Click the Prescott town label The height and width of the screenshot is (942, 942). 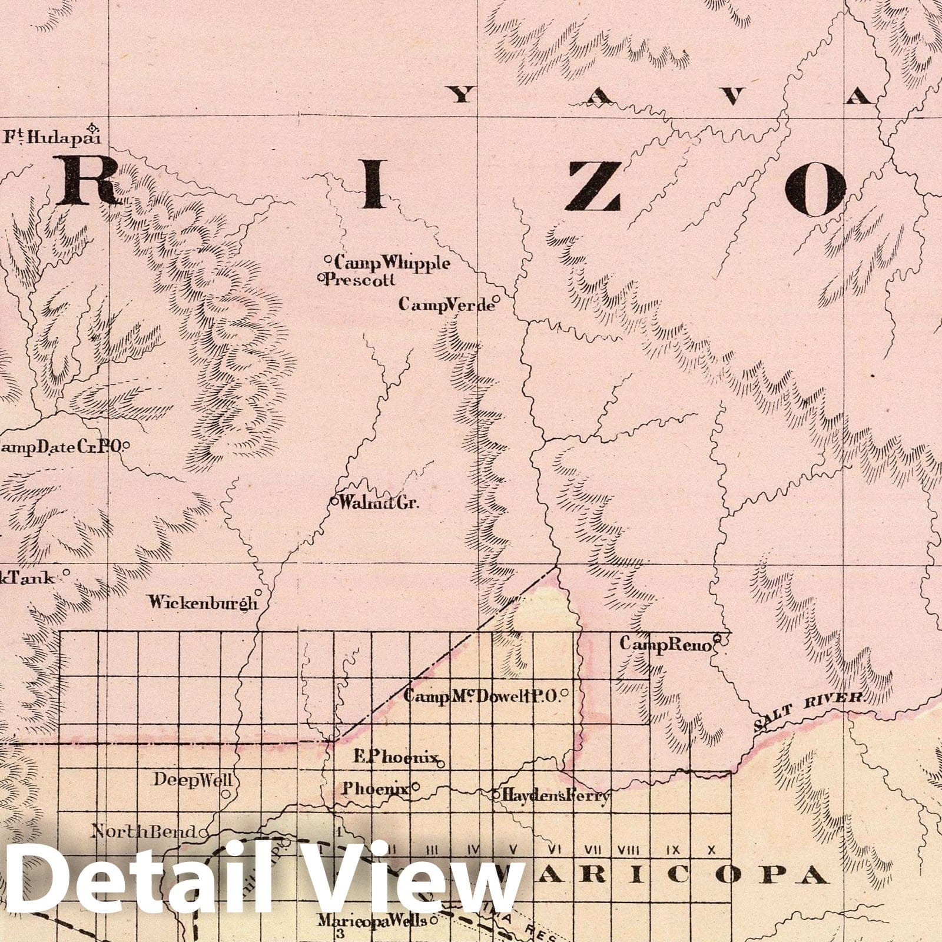pos(360,280)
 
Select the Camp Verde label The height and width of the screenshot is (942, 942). pos(446,304)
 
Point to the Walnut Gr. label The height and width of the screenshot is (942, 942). pos(379,503)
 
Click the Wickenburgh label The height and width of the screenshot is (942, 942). pos(203,602)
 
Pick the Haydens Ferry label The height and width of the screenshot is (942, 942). pos(556,797)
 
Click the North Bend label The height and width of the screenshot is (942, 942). pos(144,831)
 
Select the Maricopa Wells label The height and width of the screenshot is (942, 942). pos(372,921)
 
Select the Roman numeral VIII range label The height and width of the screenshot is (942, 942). pos(629,850)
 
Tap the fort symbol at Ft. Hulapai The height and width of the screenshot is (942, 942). pos(92,127)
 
